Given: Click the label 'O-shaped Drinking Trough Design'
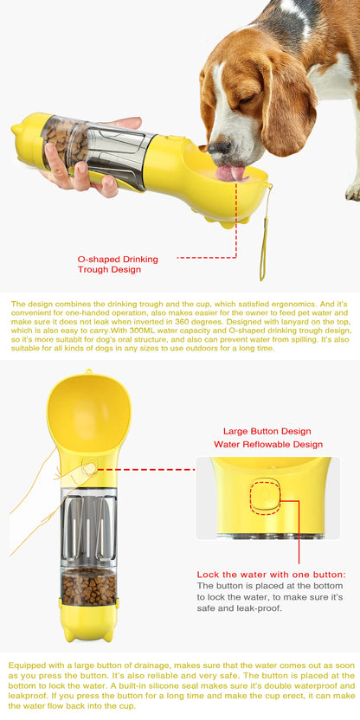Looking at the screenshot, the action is click(x=118, y=264).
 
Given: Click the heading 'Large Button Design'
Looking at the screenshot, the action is click(x=267, y=431).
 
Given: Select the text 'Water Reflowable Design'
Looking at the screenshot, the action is click(x=268, y=445).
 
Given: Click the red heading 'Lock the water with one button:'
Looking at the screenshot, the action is click(x=272, y=575).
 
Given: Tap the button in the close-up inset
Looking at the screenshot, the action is click(x=266, y=496).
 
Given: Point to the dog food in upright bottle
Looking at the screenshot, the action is click(x=88, y=587).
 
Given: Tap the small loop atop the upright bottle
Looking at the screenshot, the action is click(x=87, y=371).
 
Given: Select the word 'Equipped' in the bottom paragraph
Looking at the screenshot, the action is click(x=25, y=665).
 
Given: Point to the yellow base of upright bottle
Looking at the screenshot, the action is click(x=89, y=621).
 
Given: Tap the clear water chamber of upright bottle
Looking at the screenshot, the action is click(x=88, y=528).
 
